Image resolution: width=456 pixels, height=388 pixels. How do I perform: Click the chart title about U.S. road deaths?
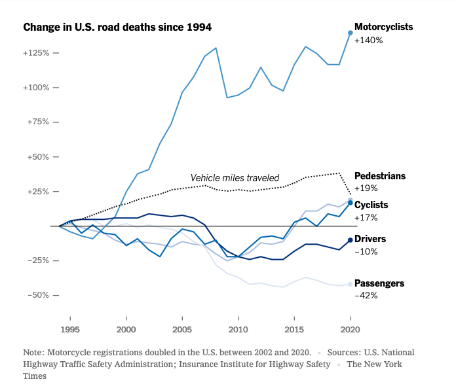(x=117, y=27)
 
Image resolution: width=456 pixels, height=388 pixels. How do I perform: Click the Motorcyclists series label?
(x=384, y=27)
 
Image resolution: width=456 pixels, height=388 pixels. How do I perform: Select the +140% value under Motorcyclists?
(x=368, y=41)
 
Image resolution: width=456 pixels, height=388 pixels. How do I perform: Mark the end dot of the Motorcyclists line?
(x=350, y=33)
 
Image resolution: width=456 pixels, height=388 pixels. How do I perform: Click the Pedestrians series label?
(x=380, y=176)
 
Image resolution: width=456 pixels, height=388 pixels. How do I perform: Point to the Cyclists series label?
(x=371, y=205)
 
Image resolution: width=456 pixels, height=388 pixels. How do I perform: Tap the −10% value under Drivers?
(x=366, y=252)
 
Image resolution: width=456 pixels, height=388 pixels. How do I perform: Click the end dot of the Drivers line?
(x=350, y=241)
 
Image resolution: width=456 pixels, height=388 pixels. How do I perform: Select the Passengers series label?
(x=379, y=283)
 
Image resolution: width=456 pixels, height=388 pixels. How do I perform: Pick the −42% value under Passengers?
(x=366, y=296)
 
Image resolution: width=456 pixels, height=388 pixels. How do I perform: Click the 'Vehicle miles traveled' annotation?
(x=235, y=178)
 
